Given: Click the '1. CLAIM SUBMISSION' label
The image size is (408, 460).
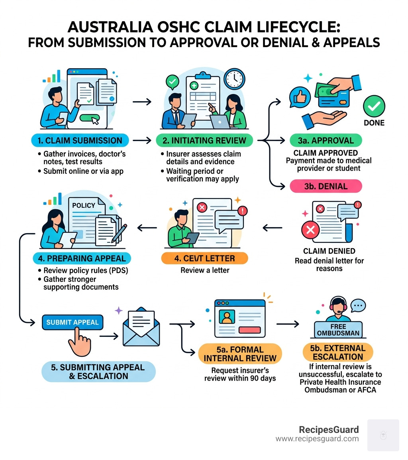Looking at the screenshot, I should click(80, 140).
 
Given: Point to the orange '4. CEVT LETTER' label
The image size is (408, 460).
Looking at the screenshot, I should click(204, 258).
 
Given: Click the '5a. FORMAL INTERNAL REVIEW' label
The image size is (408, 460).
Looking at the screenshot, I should click(240, 354).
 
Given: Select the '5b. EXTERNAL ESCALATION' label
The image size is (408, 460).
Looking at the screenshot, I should click(338, 352).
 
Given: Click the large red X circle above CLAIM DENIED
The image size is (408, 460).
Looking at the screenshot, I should click(311, 230).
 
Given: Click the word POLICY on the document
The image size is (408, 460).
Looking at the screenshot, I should click(84, 205).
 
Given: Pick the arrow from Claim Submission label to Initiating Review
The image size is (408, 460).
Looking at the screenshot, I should click(142, 140).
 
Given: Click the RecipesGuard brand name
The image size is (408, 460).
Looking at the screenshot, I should click(329, 430).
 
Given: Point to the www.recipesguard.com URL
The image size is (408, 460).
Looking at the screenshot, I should click(317, 439).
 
